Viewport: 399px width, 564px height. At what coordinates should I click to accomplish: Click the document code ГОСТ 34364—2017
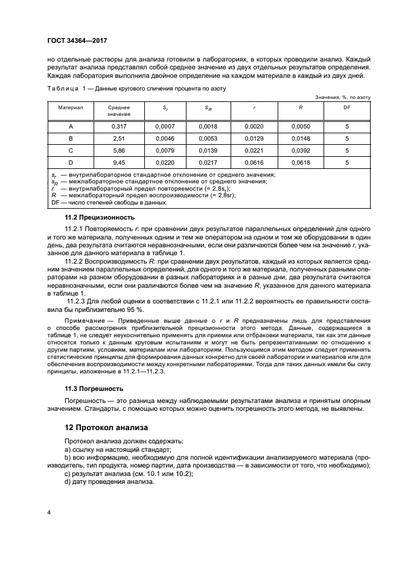(81, 42)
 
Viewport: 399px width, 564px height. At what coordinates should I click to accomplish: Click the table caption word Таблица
(63, 88)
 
